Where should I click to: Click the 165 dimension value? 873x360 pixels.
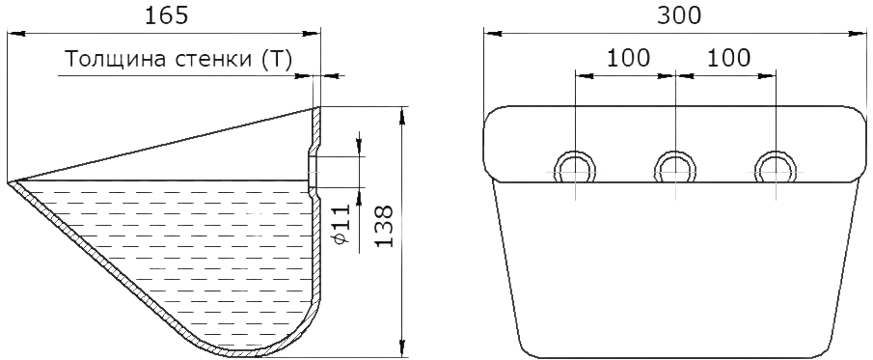(x=167, y=15)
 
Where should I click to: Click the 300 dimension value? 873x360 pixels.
(x=679, y=15)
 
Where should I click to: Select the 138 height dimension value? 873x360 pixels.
(x=383, y=226)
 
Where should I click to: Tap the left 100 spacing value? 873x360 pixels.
(x=627, y=57)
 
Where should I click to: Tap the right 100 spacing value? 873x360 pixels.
(x=728, y=57)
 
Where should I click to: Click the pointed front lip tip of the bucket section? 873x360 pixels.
(x=10, y=182)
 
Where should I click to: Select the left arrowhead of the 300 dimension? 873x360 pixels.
(x=492, y=34)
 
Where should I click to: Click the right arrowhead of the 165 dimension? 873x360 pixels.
(x=312, y=34)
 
